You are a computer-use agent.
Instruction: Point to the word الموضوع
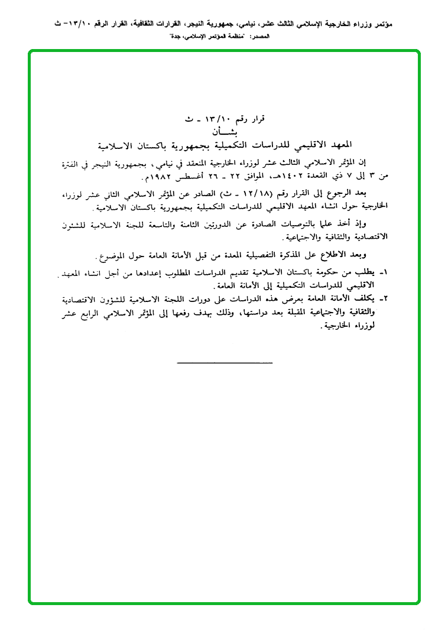tap(113, 256)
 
